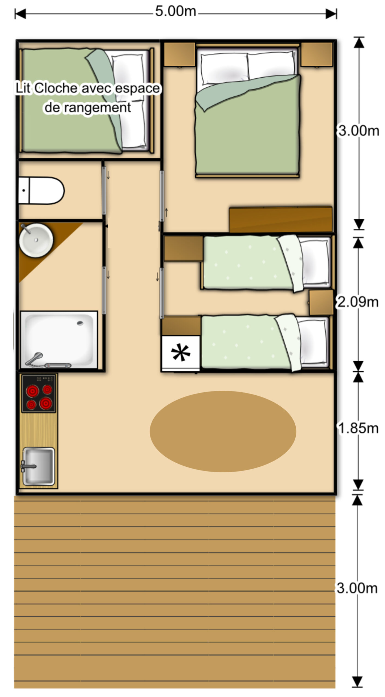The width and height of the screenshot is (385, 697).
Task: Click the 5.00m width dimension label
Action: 176,11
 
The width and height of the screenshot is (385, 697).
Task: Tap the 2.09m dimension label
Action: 358,302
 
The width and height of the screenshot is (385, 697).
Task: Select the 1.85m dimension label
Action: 358,428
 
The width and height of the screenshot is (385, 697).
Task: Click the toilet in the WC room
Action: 41,190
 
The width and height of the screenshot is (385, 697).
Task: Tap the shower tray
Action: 59,340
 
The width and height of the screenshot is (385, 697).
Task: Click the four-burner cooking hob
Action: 39,393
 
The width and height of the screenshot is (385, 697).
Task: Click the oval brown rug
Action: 223,432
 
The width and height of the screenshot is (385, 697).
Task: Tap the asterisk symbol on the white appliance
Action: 181,353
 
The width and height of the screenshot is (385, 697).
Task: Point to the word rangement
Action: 98,108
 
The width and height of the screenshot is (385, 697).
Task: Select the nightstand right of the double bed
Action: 317,54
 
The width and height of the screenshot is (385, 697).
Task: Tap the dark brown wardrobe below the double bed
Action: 281,219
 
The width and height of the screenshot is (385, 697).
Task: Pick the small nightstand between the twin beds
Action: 321,302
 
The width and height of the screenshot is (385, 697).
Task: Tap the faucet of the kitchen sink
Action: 28,466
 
